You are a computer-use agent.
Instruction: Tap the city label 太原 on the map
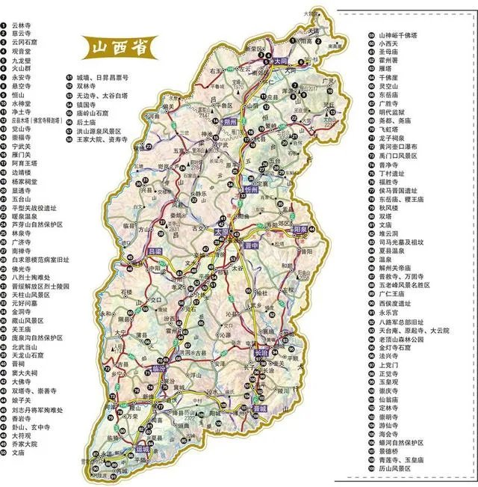click(222, 232)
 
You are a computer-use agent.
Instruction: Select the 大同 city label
click(282, 62)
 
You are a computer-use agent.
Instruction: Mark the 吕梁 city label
click(156, 252)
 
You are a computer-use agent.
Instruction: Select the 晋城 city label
click(259, 411)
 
